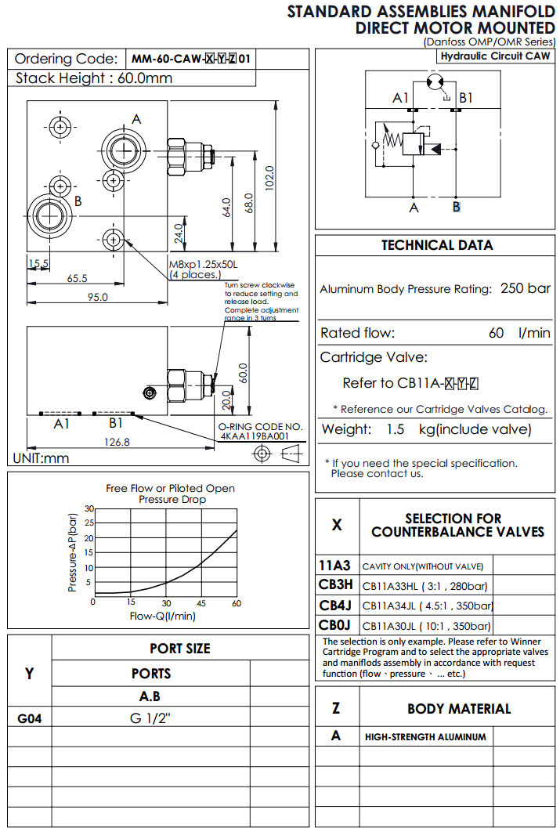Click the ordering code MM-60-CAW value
coord(193,59)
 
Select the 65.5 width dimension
coord(77,278)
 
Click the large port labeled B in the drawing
coord(49,216)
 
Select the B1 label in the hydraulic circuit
coord(466,98)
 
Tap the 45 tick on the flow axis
coord(201,602)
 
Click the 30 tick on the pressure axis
coord(89,509)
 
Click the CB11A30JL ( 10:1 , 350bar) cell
coord(427,626)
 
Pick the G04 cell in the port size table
coord(29,717)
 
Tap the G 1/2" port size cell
coord(150,717)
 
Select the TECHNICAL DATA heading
coord(436,245)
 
